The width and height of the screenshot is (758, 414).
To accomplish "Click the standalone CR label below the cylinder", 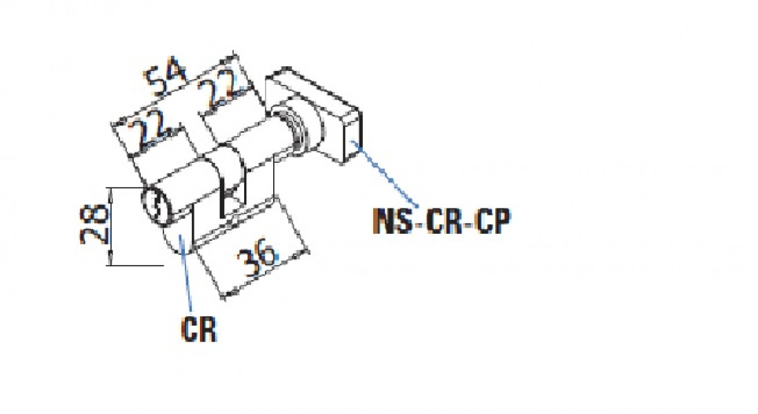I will point(199,330).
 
